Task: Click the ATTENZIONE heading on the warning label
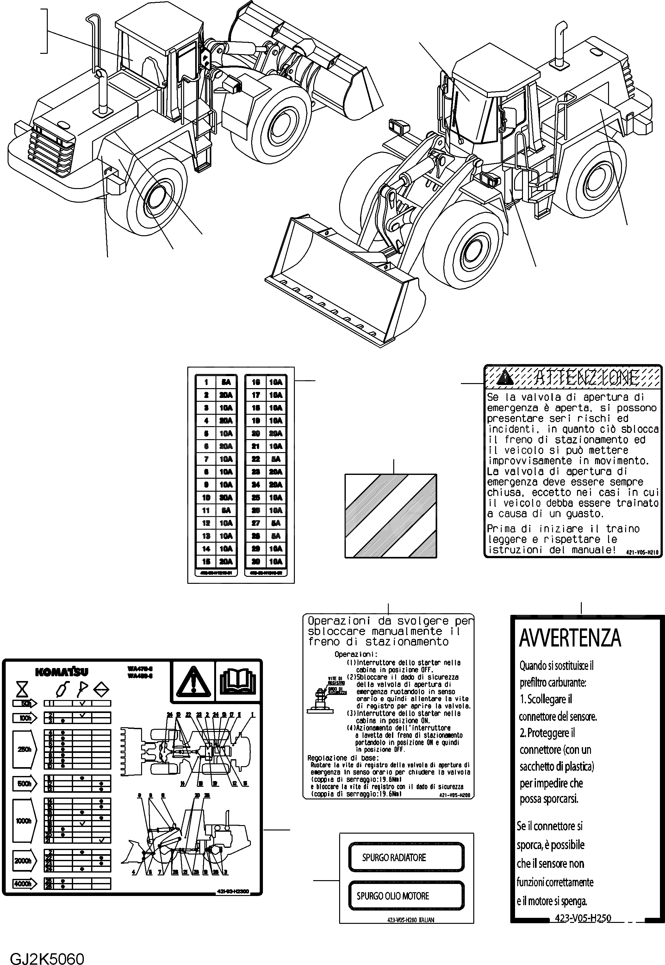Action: point(586,378)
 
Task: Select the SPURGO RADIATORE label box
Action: point(406,857)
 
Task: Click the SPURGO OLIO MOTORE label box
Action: point(406,896)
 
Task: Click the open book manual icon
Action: point(238,681)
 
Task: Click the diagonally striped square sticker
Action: point(390,516)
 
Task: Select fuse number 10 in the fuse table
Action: point(206,498)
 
